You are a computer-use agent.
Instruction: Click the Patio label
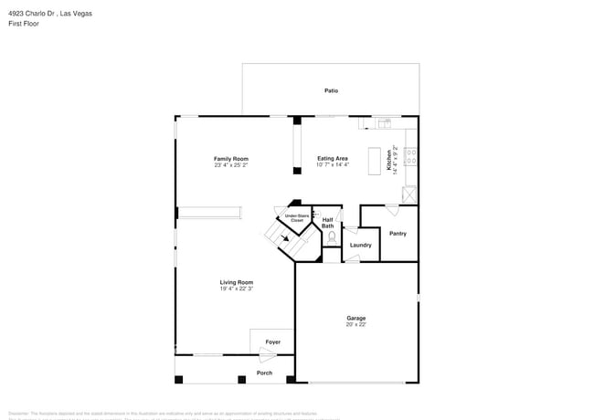click(x=331, y=90)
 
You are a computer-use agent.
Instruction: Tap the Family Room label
click(x=231, y=159)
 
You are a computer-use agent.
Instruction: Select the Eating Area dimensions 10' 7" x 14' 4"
click(x=332, y=165)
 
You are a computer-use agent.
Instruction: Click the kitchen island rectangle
click(x=375, y=162)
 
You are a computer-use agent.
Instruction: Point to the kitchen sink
click(x=384, y=121)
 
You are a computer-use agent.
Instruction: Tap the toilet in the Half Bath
click(x=331, y=236)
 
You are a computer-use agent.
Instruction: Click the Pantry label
click(x=398, y=234)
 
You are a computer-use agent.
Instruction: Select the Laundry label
click(x=360, y=245)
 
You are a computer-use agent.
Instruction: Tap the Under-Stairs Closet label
click(x=296, y=218)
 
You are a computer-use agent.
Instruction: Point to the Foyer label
click(x=272, y=341)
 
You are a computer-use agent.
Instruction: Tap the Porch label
click(x=264, y=373)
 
